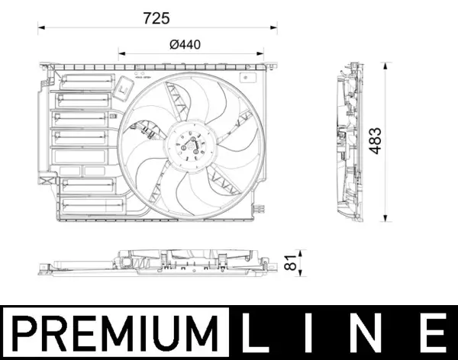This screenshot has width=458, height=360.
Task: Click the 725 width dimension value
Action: [x=157, y=17]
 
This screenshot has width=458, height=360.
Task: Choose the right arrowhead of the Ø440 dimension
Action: [x=258, y=54]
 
